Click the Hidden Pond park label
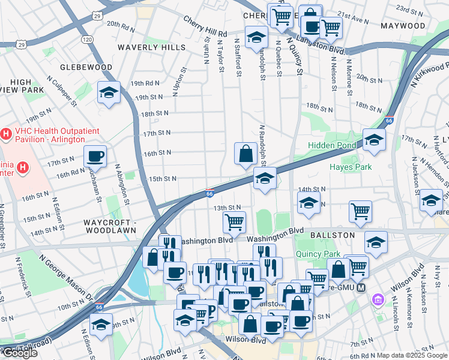point(331,146)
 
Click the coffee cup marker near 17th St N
point(95,157)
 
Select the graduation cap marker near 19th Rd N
point(109,92)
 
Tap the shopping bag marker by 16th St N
point(246,154)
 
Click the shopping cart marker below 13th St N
point(234,222)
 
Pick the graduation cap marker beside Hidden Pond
point(374,140)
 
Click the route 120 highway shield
point(88,39)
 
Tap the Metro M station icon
point(361,287)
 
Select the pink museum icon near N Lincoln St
point(378,299)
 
